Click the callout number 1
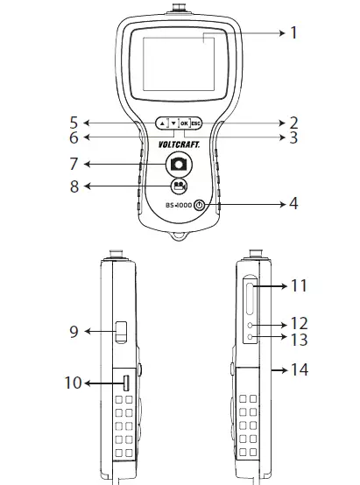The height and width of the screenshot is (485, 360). (x=293, y=33)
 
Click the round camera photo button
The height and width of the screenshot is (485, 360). (x=178, y=163)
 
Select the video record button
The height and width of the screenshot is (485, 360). (x=178, y=186)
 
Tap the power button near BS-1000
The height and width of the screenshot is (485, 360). (x=200, y=206)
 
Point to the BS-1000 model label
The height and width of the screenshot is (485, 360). (x=179, y=206)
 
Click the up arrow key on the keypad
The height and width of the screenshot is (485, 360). (x=162, y=123)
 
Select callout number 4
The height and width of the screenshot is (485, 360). (x=293, y=204)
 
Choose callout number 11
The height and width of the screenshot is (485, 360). (x=301, y=285)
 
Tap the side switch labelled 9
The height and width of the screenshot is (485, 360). (x=121, y=332)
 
